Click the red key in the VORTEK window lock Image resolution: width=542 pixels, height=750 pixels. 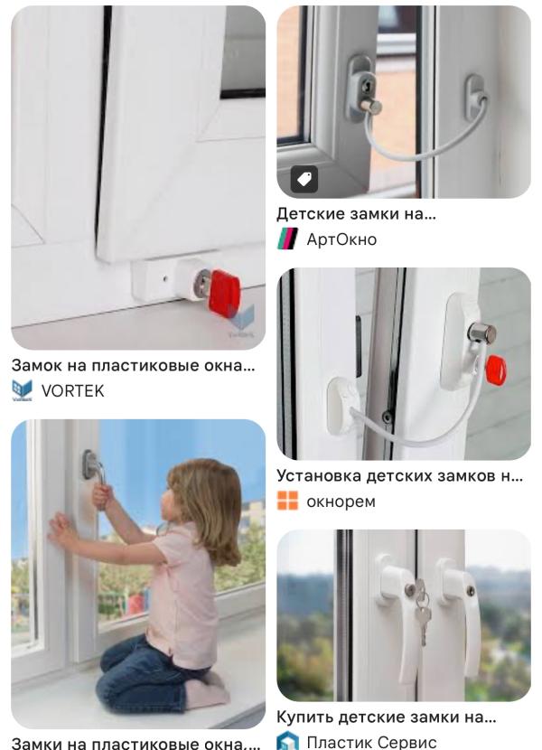pos(224,293)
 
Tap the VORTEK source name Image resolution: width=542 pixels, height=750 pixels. pos(72,390)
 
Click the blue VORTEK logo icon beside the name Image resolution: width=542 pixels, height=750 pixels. pos(22,390)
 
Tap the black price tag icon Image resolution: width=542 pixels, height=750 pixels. pos(304,180)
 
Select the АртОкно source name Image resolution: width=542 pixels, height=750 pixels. pos(341,239)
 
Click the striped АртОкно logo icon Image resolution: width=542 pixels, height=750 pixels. pos(287,239)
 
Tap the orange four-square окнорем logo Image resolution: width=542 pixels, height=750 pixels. pos(287,501)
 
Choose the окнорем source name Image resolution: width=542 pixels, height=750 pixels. pos(341,502)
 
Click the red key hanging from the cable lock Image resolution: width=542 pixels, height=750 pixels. pos(496,370)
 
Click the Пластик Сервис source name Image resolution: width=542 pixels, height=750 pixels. pos(371,742)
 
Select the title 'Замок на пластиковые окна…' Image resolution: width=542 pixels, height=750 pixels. pos(134,365)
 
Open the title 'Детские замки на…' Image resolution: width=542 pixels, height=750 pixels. pos(357,214)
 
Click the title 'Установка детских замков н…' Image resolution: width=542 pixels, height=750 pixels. pos(400,476)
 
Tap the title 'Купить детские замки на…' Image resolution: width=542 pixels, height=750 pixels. pos(387,717)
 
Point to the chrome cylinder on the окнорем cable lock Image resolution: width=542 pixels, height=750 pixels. pos(481,333)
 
